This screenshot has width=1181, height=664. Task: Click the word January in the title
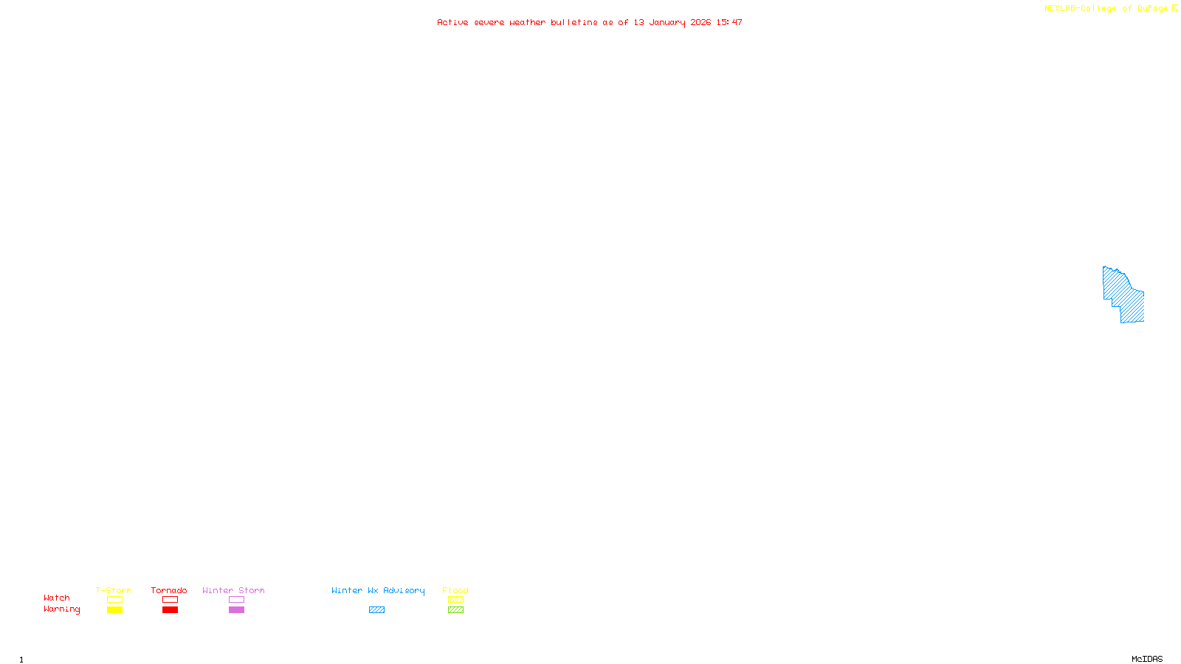coord(667,22)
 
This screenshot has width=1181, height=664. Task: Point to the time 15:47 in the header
coord(729,22)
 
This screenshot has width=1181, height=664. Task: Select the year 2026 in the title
coord(700,22)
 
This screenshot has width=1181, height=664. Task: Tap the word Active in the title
coord(452,22)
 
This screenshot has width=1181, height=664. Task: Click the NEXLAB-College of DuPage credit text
coord(1106,8)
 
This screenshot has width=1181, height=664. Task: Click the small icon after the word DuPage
coord(1174,8)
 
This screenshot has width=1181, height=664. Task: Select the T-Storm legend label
coord(114,590)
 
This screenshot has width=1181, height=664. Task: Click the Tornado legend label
coord(169,590)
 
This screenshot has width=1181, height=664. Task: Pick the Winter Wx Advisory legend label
coord(378,590)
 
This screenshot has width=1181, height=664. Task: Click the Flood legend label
coord(455,590)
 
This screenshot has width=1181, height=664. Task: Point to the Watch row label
coord(57,598)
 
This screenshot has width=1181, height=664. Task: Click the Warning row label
coord(61,609)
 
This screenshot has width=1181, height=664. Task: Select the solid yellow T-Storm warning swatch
coord(114,610)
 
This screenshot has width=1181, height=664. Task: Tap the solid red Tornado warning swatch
coord(170,610)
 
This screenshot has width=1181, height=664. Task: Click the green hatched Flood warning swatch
coord(455,610)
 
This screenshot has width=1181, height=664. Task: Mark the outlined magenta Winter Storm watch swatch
coord(236,600)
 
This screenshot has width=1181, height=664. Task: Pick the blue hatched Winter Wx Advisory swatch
coord(376,610)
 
